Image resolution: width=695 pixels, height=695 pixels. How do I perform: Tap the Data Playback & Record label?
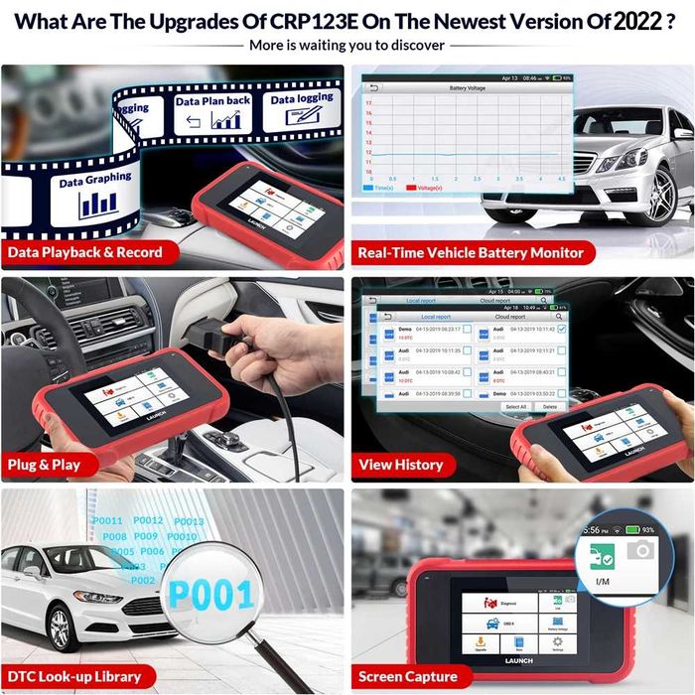pos(84,252)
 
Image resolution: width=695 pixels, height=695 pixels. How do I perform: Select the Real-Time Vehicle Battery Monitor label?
pos(471,252)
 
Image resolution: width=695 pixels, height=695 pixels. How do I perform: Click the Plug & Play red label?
pos(44,464)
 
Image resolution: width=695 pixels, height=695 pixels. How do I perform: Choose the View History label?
pos(401,464)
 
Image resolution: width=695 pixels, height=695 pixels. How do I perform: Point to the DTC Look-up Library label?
pos(74,676)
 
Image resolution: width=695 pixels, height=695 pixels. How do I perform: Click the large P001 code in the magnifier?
pos(212,594)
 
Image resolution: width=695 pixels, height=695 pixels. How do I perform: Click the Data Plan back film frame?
pos(212,114)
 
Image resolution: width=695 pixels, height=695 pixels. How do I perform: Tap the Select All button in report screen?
pos(516,406)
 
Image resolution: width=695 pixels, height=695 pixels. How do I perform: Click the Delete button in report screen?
pos(550,406)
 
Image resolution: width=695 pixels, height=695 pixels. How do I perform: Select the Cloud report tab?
pos(509,317)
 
